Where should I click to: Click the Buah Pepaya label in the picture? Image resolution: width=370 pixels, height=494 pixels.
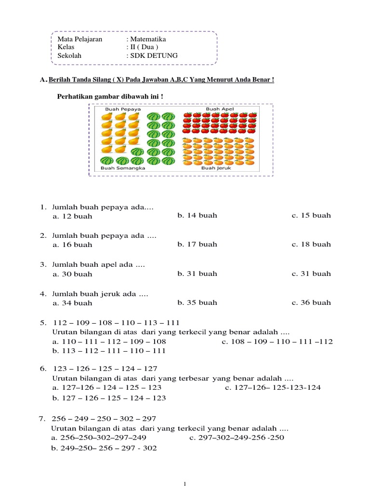(x=123, y=110)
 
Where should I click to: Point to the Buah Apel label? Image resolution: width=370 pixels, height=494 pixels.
(x=220, y=109)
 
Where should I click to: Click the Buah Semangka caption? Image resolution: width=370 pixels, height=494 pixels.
(x=123, y=168)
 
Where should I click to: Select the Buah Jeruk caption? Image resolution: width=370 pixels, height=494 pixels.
(x=215, y=168)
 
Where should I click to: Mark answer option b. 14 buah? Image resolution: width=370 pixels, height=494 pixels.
(x=197, y=215)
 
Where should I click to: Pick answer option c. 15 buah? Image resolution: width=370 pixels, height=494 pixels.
(x=311, y=215)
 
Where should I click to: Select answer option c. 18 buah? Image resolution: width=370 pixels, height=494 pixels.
(x=311, y=244)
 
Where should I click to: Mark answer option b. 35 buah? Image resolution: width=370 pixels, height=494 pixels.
(x=197, y=302)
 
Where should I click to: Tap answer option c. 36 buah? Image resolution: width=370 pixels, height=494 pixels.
(x=311, y=302)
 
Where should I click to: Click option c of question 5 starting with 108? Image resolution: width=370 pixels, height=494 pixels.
(x=277, y=342)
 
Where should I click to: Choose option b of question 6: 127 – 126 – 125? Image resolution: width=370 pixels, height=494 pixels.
(x=109, y=398)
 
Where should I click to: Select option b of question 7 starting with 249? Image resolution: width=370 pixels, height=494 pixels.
(x=104, y=448)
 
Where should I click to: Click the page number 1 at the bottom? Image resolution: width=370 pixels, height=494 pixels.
(x=185, y=484)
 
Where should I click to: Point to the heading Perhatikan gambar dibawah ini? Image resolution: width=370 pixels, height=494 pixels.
(x=110, y=96)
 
